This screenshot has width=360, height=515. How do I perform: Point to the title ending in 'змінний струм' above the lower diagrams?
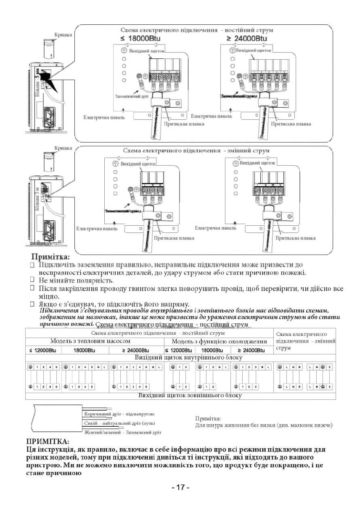tap(196, 151)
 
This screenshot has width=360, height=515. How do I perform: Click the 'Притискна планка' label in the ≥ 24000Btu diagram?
tap(291, 124)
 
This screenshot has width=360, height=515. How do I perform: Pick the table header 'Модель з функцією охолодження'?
tap(220, 341)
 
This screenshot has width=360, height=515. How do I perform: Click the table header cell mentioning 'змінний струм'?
tap(305, 341)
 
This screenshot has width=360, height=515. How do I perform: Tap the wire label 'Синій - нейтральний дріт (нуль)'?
tap(120, 423)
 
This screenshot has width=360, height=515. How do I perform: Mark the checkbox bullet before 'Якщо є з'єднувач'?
tap(32, 304)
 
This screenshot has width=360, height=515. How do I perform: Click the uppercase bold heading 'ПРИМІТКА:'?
tap(48, 441)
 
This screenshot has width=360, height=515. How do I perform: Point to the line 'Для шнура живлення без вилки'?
tap(264, 425)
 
